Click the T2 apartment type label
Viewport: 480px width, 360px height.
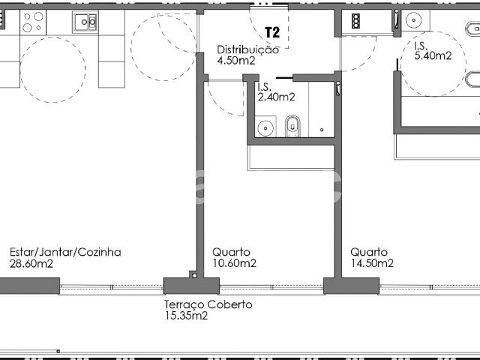click(272, 34)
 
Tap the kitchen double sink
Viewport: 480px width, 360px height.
click(84, 22)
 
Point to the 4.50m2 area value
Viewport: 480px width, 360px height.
click(236, 61)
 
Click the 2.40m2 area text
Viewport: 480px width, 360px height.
click(275, 97)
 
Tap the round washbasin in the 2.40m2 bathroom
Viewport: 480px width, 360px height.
click(265, 128)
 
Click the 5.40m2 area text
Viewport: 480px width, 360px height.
click(433, 55)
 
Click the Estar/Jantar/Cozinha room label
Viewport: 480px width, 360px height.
click(65, 252)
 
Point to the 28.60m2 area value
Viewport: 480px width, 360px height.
click(31, 263)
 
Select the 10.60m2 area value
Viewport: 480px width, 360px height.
click(234, 263)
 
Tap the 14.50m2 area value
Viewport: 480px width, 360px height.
click(372, 263)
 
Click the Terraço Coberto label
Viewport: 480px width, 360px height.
click(208, 304)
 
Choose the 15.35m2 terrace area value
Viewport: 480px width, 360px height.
click(186, 316)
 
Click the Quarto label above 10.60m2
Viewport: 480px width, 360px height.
click(231, 252)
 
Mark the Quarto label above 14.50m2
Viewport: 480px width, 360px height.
click(369, 252)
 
